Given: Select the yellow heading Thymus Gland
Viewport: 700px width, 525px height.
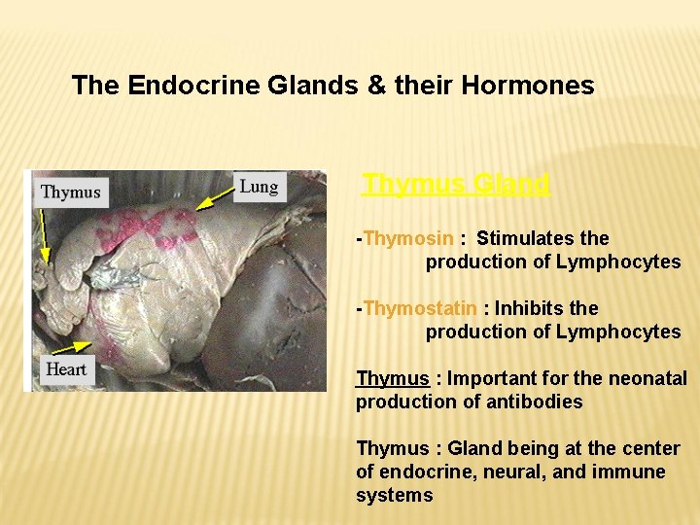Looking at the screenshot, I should (x=456, y=183).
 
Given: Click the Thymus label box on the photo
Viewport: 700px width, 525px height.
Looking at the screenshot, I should (x=70, y=192).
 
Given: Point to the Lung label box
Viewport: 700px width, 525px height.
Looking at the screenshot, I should (x=259, y=187).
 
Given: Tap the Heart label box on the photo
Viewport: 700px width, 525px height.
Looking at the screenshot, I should (x=66, y=369).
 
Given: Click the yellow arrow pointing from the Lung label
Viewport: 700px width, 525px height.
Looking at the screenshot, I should (x=216, y=199).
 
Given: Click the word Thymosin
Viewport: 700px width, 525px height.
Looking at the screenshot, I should (x=408, y=238).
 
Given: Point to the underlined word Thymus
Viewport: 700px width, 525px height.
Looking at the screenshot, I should (x=393, y=378).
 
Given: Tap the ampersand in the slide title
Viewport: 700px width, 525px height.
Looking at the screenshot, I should (x=375, y=86).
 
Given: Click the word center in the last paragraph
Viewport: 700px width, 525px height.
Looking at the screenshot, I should (x=650, y=448).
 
